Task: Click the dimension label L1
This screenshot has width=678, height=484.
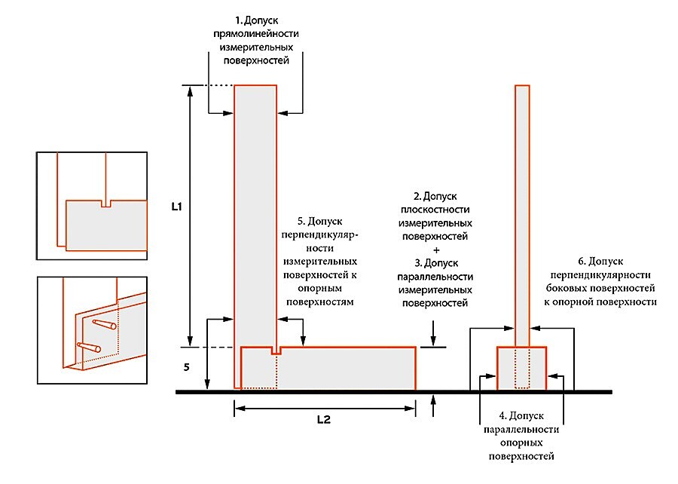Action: pyautogui.click(x=177, y=207)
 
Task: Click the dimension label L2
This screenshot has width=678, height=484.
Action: pyautogui.click(x=322, y=420)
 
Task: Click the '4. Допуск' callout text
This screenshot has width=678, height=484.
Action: pyautogui.click(x=521, y=416)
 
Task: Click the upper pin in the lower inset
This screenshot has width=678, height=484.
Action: pyautogui.click(x=104, y=325)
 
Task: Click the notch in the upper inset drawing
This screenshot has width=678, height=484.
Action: pyautogui.click(x=105, y=204)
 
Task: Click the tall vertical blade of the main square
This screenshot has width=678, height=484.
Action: pyautogui.click(x=255, y=211)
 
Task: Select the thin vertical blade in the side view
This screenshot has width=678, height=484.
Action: pyautogui.click(x=521, y=211)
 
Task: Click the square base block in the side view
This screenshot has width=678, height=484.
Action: pyautogui.click(x=521, y=369)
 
